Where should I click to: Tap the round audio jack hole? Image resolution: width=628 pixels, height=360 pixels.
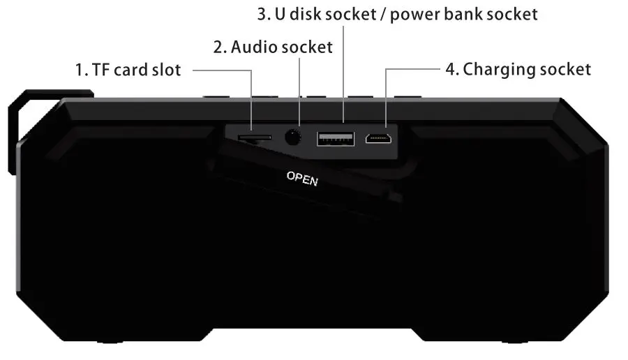click(293, 137)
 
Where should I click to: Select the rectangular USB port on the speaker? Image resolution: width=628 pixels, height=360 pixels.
click(335, 138)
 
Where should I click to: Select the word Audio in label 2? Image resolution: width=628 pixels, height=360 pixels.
click(252, 47)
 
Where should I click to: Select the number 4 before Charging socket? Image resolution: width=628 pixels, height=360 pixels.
click(450, 69)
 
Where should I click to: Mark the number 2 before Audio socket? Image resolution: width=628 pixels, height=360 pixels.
click(217, 47)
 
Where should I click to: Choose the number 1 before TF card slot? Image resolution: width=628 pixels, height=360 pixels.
click(78, 70)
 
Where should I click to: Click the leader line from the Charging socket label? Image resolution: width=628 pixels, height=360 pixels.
click(412, 69)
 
